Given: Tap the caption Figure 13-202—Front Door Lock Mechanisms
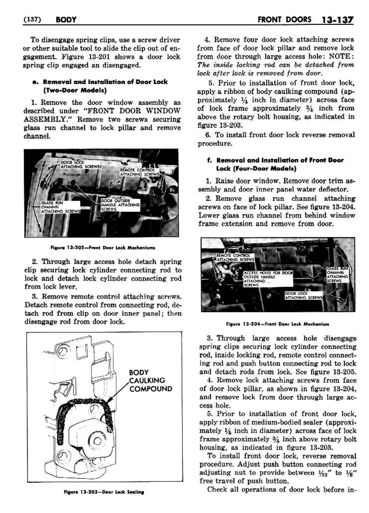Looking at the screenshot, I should pos(103,247).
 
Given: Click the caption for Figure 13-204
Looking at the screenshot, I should pos(277,324).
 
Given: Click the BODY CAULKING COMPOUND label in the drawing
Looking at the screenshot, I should pos(150,380).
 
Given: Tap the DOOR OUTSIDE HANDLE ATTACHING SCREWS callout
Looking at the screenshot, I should pos(120,205).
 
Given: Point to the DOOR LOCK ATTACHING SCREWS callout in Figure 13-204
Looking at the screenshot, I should pos(303,296).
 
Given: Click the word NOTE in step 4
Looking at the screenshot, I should pos(341,56).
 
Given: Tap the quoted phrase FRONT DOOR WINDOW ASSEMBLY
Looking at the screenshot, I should pos(102,115).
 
